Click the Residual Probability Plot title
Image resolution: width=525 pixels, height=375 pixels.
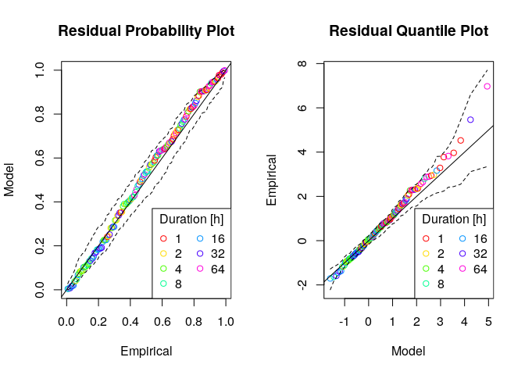[146, 31]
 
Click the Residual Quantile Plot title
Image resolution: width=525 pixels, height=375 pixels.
[409, 31]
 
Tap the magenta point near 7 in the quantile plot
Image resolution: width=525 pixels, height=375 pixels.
[487, 86]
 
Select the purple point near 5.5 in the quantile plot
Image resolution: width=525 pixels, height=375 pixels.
[470, 120]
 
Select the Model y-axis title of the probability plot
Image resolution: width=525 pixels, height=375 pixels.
[10, 180]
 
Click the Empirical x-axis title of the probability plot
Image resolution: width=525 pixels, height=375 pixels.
[146, 352]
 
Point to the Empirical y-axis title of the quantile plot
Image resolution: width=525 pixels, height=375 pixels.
[273, 180]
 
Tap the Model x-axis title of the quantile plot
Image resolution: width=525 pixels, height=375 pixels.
[409, 352]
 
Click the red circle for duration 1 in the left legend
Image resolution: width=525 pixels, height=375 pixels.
[163, 237]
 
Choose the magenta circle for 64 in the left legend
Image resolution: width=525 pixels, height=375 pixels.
[201, 269]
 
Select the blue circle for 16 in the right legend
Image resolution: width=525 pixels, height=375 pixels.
[463, 237]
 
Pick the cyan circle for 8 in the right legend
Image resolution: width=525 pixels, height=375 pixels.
[426, 284]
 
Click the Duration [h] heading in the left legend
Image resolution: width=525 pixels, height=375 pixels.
[191, 218]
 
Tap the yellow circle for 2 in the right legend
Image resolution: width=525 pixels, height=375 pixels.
[426, 253]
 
